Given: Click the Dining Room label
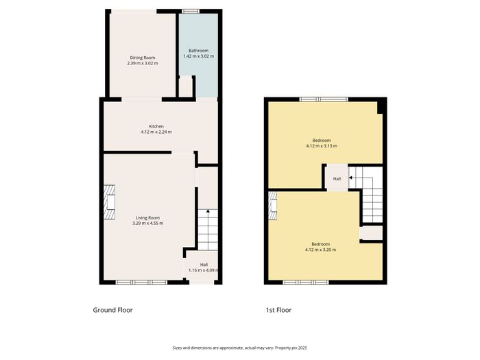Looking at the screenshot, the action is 143,58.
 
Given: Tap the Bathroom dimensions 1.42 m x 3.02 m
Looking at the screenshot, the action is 198,56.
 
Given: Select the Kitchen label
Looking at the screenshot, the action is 156,126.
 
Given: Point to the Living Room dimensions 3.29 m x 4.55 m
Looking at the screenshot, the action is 147,224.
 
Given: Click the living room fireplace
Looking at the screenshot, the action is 109,202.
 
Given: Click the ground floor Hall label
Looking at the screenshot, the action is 204,265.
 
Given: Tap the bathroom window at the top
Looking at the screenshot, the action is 191,12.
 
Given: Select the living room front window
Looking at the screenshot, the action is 141,283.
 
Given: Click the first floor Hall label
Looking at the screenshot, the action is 337,179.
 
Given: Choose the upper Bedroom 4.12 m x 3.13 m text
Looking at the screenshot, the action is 322,143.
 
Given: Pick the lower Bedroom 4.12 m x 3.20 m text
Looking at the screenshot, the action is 320,247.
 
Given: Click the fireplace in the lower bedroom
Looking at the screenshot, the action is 273,206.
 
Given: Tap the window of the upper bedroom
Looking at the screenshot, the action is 324,99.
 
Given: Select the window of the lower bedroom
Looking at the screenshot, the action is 306,283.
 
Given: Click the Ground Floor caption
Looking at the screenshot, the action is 112,310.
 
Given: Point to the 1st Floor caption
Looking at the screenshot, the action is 278,310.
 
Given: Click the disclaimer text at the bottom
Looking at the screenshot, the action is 240,348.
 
